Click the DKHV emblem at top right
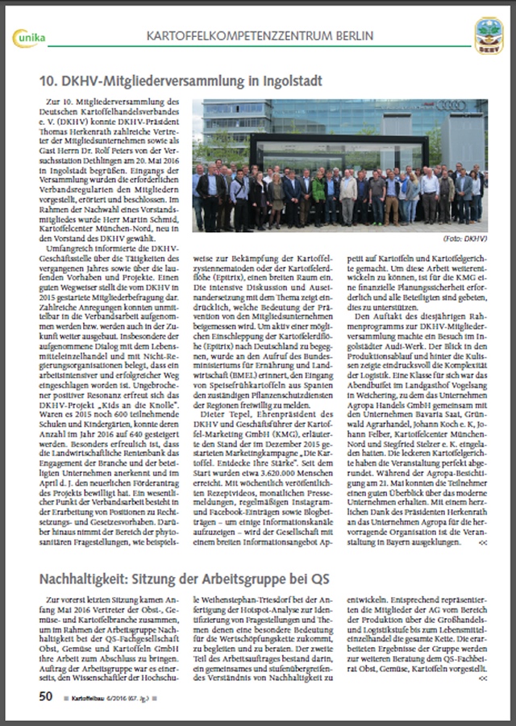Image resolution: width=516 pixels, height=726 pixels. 488,35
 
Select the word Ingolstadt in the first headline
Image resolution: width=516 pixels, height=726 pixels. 283,81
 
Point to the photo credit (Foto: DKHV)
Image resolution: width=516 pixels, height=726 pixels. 467,239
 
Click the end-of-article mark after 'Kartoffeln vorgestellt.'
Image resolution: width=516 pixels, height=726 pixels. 481,679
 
